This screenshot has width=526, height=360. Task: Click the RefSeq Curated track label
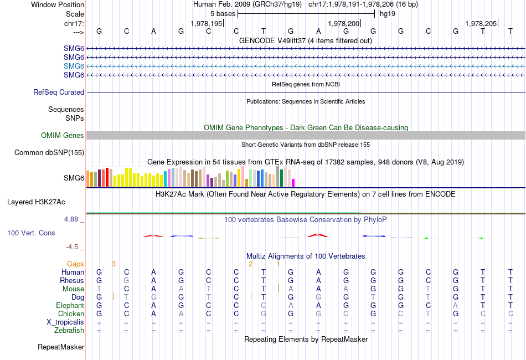(x=59, y=92)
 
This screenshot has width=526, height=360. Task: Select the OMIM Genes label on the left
(x=63, y=136)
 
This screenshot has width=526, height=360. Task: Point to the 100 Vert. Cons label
(x=31, y=233)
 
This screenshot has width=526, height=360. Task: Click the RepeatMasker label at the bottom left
(x=61, y=347)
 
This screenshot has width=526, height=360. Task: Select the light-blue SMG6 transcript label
(x=74, y=66)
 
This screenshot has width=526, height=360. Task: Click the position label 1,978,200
(x=344, y=23)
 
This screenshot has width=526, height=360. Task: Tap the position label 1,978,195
(x=206, y=23)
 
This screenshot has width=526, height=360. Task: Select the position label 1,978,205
(x=481, y=23)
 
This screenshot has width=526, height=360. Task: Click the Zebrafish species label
(x=69, y=331)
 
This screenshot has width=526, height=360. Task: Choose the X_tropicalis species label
(x=65, y=322)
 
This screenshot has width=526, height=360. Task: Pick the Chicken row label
(x=70, y=314)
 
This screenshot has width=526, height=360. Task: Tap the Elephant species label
(x=70, y=306)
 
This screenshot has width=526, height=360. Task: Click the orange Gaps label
(x=75, y=264)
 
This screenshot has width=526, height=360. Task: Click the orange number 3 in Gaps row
(x=114, y=264)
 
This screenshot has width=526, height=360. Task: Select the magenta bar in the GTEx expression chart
(x=293, y=183)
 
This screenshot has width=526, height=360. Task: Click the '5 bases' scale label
(x=223, y=13)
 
